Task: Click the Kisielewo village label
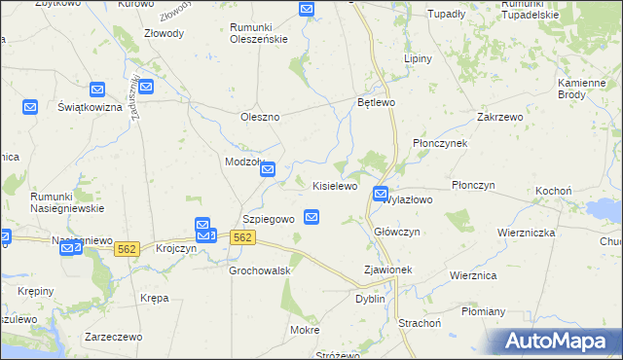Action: pyautogui.click(x=335, y=185)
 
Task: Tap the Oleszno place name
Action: pyautogui.click(x=260, y=117)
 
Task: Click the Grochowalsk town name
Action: pyautogui.click(x=260, y=270)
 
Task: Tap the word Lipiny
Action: pyautogui.click(x=418, y=58)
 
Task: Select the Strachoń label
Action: pyautogui.click(x=421, y=321)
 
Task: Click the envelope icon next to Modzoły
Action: pyautogui.click(x=272, y=170)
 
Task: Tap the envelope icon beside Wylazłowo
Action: pyautogui.click(x=381, y=195)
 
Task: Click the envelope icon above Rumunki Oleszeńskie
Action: pyautogui.click(x=307, y=10)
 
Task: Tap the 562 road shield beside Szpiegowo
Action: pyautogui.click(x=243, y=237)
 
